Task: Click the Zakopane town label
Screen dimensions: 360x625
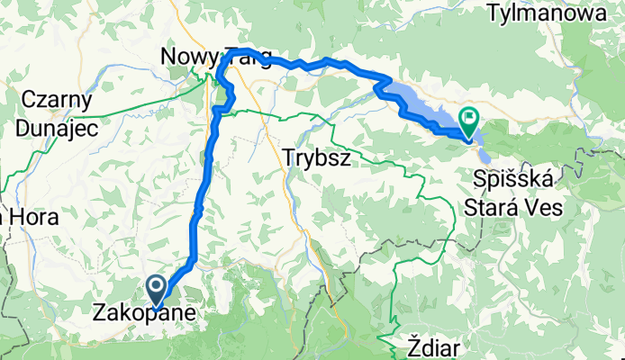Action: pyautogui.click(x=144, y=315)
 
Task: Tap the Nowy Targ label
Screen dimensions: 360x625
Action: pyautogui.click(x=216, y=57)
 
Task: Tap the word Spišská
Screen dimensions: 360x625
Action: pyautogui.click(x=512, y=181)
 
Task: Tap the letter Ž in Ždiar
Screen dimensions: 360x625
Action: pyautogui.click(x=412, y=347)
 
